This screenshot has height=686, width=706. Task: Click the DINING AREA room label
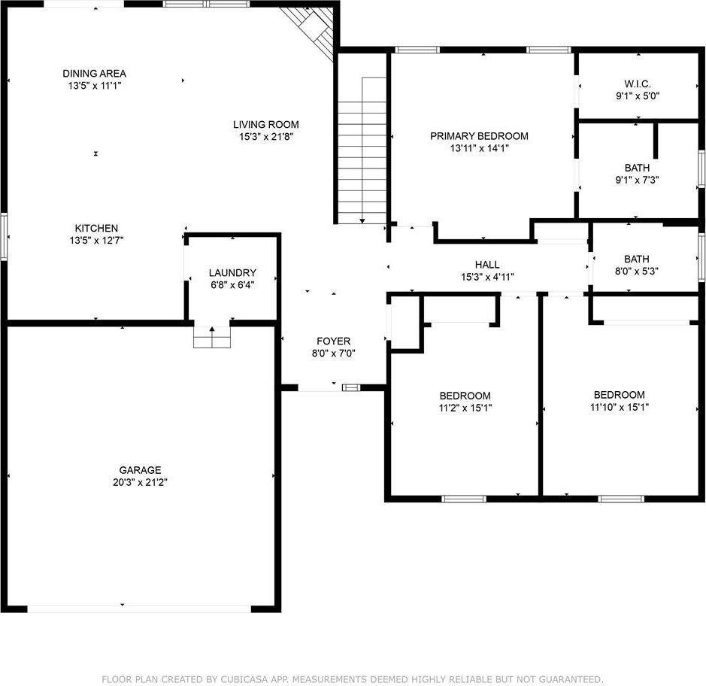(94, 73)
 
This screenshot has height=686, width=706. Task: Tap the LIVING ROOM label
(265, 124)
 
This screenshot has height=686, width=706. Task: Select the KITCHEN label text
(95, 228)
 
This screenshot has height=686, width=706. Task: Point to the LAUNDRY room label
(232, 272)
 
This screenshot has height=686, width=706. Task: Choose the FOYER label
(332, 341)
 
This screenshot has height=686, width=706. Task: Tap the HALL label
(486, 264)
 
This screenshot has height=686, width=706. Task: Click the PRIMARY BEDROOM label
(479, 136)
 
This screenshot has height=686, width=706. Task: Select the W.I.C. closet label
(637, 83)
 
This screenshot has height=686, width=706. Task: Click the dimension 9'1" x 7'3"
(637, 180)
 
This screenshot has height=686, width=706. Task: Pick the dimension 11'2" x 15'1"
(465, 408)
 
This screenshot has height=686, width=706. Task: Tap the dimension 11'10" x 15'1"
(619, 407)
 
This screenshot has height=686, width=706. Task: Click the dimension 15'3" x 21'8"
(265, 137)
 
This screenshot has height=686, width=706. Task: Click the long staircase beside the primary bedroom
(362, 150)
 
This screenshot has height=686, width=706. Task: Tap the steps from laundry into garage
(211, 338)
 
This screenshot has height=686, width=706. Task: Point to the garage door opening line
(150, 609)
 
